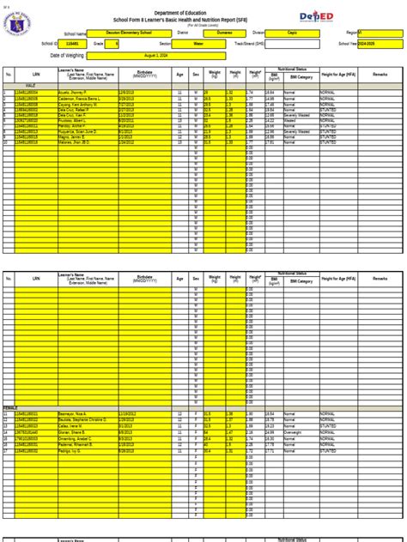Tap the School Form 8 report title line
[203, 18]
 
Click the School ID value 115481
[72, 43]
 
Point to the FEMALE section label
[11, 407]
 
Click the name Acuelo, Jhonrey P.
[74, 91]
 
